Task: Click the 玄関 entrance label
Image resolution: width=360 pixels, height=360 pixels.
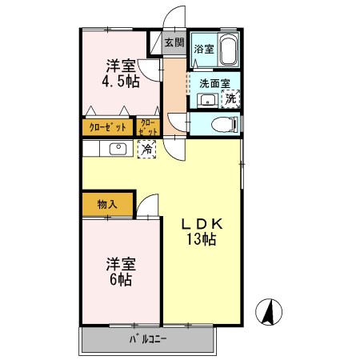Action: click(174, 42)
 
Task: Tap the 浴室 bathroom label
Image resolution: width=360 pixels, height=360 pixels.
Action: click(204, 49)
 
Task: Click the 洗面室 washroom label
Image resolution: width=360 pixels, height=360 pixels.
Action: click(214, 82)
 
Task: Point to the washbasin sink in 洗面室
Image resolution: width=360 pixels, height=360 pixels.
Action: click(207, 100)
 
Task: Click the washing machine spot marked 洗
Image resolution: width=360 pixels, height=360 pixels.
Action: click(231, 99)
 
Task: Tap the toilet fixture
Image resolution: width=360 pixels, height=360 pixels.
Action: click(226, 124)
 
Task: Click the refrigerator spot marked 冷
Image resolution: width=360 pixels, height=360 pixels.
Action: click(147, 148)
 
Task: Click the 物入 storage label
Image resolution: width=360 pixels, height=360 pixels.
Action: click(108, 204)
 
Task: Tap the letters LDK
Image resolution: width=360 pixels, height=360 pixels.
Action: click(205, 224)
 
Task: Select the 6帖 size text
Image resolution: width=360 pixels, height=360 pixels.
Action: click(120, 280)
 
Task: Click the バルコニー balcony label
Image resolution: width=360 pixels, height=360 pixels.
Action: click(149, 340)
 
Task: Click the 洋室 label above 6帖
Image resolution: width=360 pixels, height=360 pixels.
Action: click(120, 262)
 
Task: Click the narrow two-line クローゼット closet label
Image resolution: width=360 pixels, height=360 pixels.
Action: click(149, 126)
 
